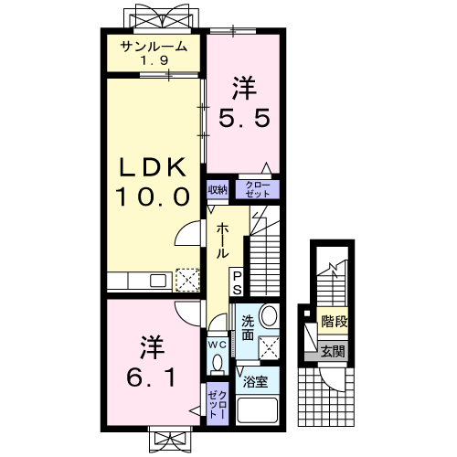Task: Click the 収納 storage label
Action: [x=217, y=190]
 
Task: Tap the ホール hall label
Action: [x=222, y=242]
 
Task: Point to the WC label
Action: [x=217, y=345]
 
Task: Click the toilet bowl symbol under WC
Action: [x=217, y=365]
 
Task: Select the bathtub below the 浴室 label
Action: [x=257, y=410]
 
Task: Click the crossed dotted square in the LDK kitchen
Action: [x=187, y=279]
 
